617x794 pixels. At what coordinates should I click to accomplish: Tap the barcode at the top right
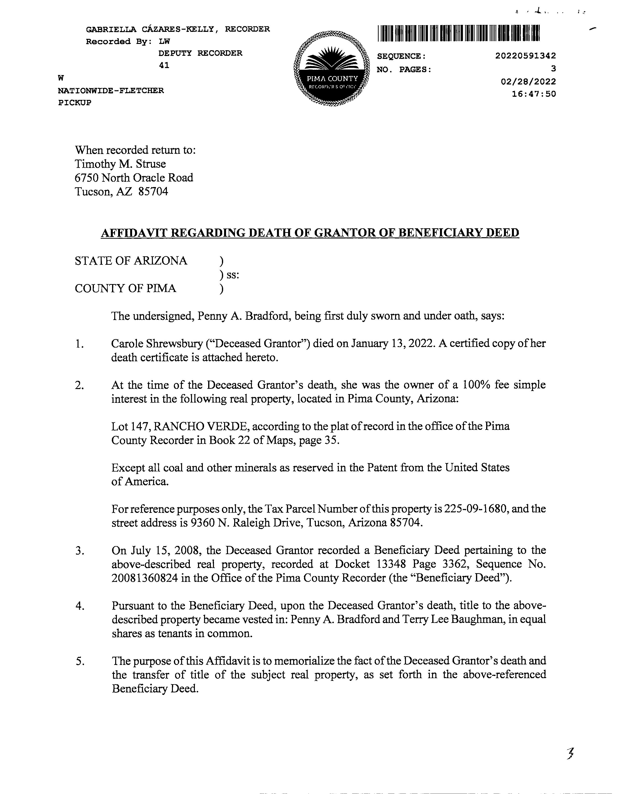click(x=459, y=34)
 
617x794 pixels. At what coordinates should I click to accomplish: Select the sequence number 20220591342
click(x=525, y=56)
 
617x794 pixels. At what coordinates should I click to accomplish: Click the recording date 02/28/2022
click(x=528, y=81)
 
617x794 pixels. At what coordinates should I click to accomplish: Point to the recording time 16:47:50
click(x=534, y=94)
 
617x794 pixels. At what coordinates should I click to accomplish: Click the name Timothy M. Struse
click(x=121, y=164)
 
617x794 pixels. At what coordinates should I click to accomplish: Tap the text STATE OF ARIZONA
click(x=131, y=261)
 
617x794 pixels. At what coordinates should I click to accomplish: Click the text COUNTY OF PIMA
click(x=126, y=288)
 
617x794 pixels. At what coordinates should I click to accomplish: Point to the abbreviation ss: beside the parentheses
click(x=233, y=275)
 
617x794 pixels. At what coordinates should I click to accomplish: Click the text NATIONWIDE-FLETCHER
click(x=111, y=90)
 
